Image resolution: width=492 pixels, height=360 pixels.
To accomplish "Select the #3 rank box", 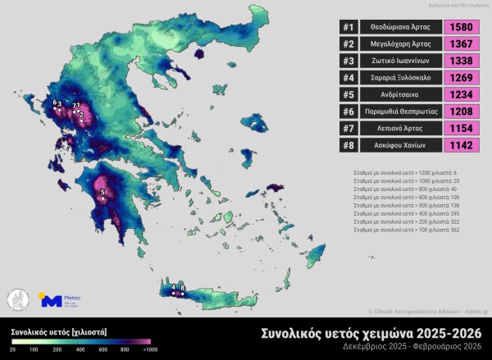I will (x=348, y=61).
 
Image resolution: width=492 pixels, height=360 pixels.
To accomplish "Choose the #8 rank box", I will (x=348, y=145).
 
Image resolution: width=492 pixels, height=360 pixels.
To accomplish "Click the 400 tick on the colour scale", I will (x=81, y=350).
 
